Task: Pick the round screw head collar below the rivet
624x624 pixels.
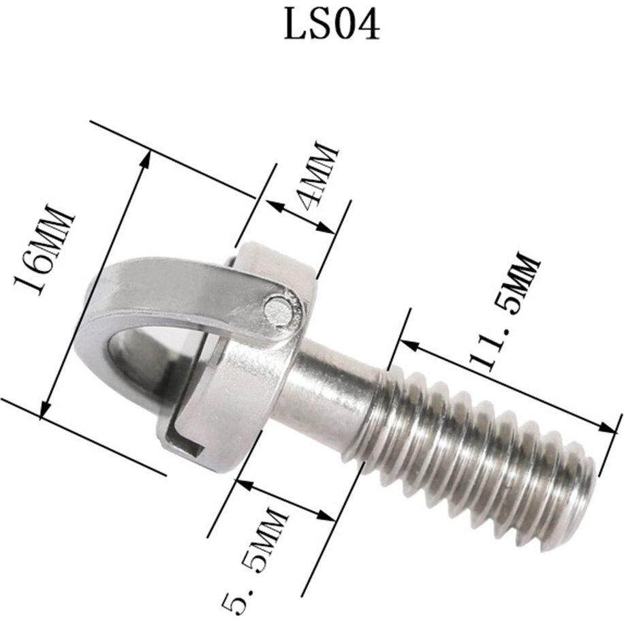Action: tap(238, 381)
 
